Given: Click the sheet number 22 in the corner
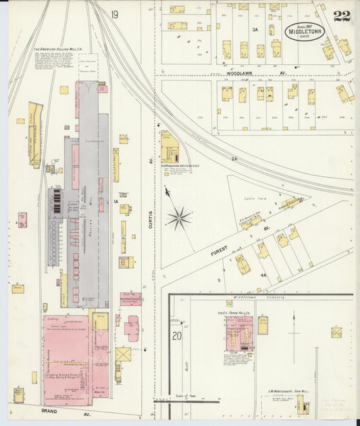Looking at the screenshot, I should (x=341, y=16).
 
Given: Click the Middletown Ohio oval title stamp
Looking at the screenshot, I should (x=304, y=31).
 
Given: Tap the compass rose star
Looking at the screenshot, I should (x=180, y=217).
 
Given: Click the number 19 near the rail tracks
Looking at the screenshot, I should (x=115, y=14).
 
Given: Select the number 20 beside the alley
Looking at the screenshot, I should (x=176, y=336).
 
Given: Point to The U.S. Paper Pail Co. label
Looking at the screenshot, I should (x=234, y=313).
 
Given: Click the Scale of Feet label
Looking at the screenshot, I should (x=186, y=395).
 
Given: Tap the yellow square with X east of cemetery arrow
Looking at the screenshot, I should (x=336, y=332).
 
